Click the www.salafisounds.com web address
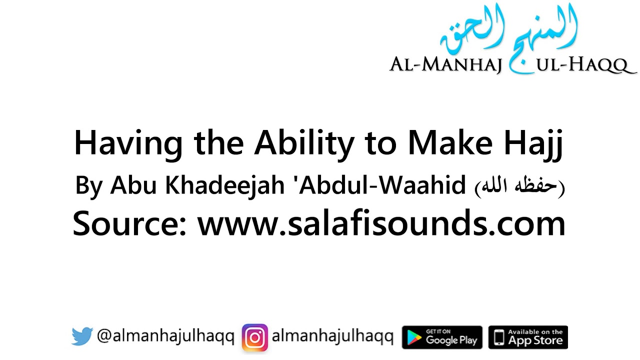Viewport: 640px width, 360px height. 381,223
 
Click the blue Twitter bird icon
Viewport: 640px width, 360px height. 82,337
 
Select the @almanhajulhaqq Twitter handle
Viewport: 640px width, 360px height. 165,337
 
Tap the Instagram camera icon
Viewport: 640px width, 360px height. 255,337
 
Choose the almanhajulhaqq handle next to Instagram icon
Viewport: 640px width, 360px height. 332,337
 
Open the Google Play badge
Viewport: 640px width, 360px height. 442,337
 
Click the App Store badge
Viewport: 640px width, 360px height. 528,337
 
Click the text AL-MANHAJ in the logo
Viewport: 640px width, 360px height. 445,65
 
